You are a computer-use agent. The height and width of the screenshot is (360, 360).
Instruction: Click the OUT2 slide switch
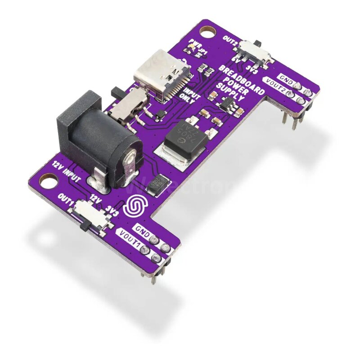click(x=255, y=52)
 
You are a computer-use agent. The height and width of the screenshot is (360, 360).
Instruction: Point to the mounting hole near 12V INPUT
click(x=47, y=181)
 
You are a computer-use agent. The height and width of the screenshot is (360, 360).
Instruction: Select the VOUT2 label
click(x=275, y=86)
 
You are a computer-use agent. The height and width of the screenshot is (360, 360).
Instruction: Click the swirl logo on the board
click(x=135, y=205)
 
